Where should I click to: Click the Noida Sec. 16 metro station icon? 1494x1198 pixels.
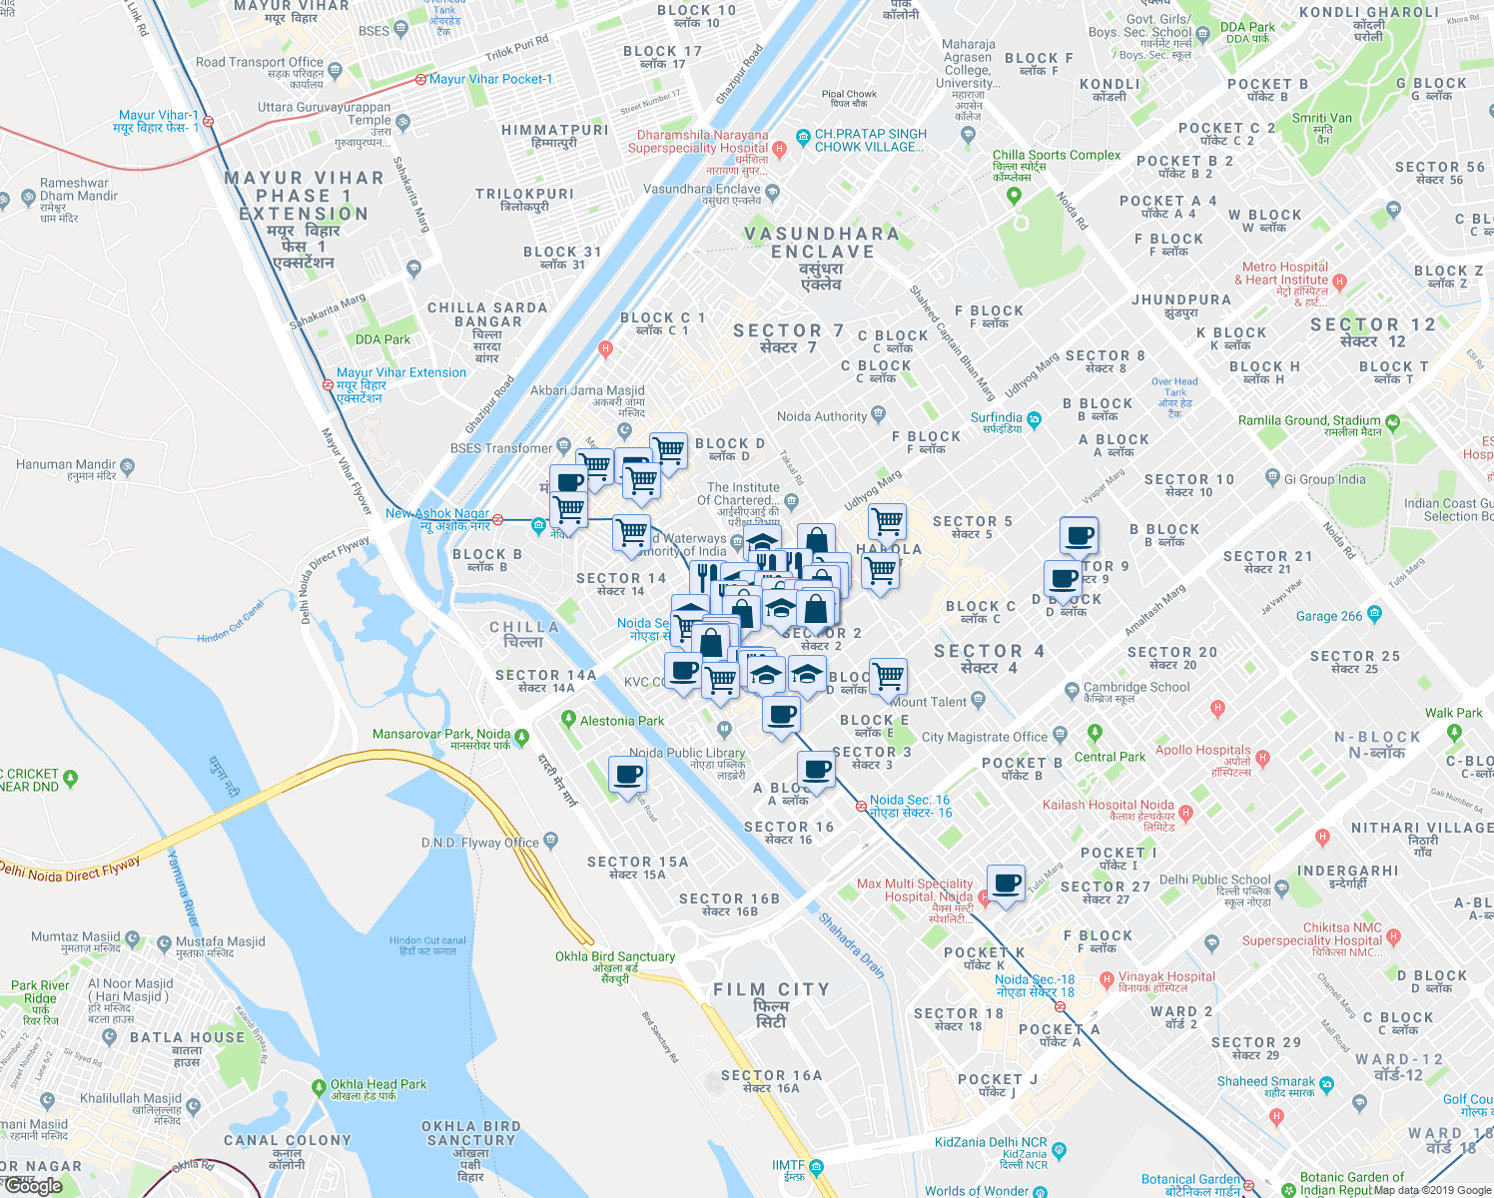pyautogui.click(x=861, y=806)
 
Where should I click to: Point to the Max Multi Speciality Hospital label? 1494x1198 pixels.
pyautogui.click(x=915, y=891)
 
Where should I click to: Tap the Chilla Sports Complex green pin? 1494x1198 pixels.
pyautogui.click(x=1015, y=195)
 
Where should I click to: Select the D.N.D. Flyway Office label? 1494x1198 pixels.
pyautogui.click(x=480, y=843)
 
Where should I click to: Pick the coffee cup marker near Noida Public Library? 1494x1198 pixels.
pyautogui.click(x=627, y=776)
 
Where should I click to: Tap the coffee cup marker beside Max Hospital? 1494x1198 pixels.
pyautogui.click(x=1006, y=884)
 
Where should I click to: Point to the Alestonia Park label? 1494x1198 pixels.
pyautogui.click(x=621, y=721)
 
